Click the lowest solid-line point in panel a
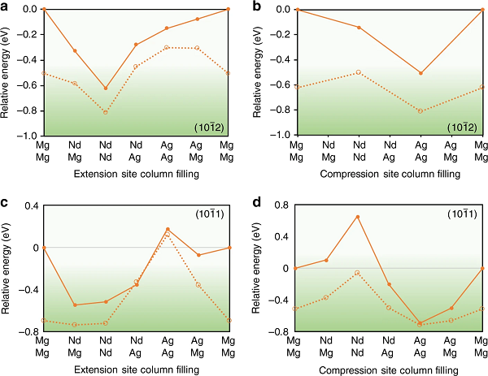coord(106,88)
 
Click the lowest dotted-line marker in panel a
coord(106,112)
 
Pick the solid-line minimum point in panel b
coord(420,73)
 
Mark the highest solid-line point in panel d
coord(358,217)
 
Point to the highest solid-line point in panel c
coord(168,229)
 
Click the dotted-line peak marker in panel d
coord(358,273)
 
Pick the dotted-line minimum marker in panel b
coord(420,110)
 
